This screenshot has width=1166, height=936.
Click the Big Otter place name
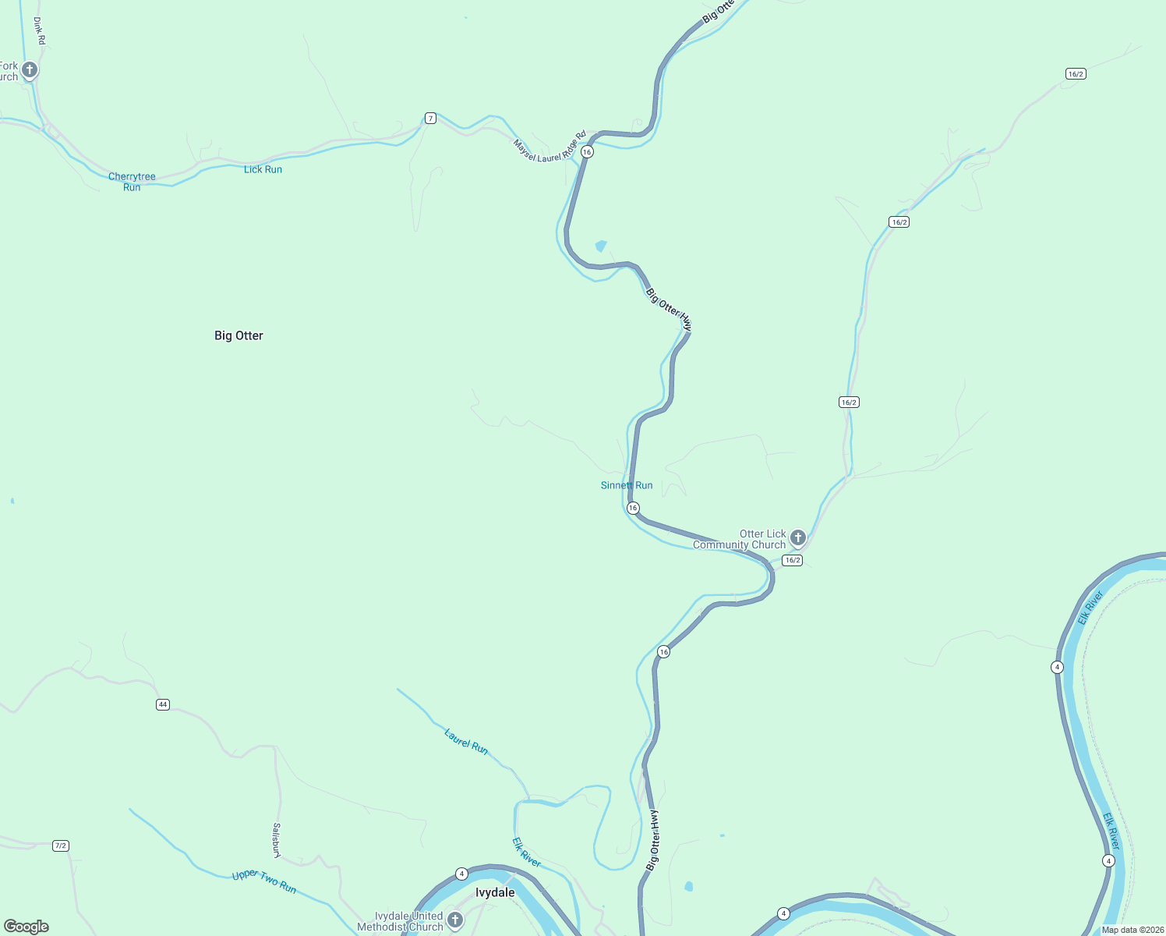click(x=238, y=335)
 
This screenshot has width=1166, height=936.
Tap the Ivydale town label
click(x=495, y=892)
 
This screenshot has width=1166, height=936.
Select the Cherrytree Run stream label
click(x=132, y=182)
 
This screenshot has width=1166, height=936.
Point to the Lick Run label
click(x=263, y=169)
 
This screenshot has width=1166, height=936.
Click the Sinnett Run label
click(x=627, y=485)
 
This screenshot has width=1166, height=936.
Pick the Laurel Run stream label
click(x=466, y=741)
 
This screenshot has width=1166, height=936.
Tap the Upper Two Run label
click(x=264, y=882)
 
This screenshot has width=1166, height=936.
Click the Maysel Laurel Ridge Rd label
click(x=549, y=147)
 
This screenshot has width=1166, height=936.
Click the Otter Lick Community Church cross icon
click(x=797, y=537)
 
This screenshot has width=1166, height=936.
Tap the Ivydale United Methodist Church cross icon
click(x=455, y=920)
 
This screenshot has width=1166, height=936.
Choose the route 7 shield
click(x=430, y=119)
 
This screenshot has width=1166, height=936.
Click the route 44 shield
click(x=162, y=704)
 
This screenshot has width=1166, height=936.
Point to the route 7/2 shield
click(x=61, y=846)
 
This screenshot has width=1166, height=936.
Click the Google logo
click(x=26, y=927)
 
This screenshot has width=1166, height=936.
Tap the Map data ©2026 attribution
click(x=1132, y=930)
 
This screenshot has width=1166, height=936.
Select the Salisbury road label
click(x=277, y=840)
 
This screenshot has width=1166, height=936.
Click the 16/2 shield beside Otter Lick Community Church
click(x=792, y=560)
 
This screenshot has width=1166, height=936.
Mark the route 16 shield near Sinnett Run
click(x=633, y=508)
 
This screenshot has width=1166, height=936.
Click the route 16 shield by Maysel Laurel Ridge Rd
click(x=587, y=152)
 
